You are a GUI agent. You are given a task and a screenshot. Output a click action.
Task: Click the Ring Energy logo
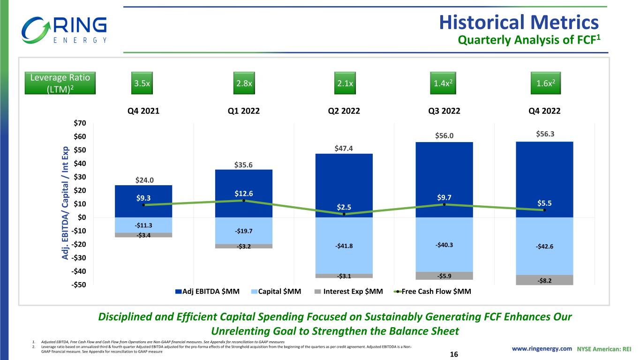[64, 29]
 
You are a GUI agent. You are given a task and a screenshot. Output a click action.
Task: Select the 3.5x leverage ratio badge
[143, 83]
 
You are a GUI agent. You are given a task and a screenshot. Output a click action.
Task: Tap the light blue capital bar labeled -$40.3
[444, 244]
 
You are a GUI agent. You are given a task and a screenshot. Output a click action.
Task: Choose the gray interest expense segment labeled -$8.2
[544, 280]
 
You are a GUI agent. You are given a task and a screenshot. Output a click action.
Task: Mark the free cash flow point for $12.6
[244, 201]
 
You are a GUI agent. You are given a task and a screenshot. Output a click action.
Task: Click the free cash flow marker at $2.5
[344, 214]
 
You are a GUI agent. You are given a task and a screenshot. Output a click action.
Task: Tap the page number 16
[453, 355]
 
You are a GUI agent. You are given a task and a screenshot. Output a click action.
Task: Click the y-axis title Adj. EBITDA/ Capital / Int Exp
[66, 204]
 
